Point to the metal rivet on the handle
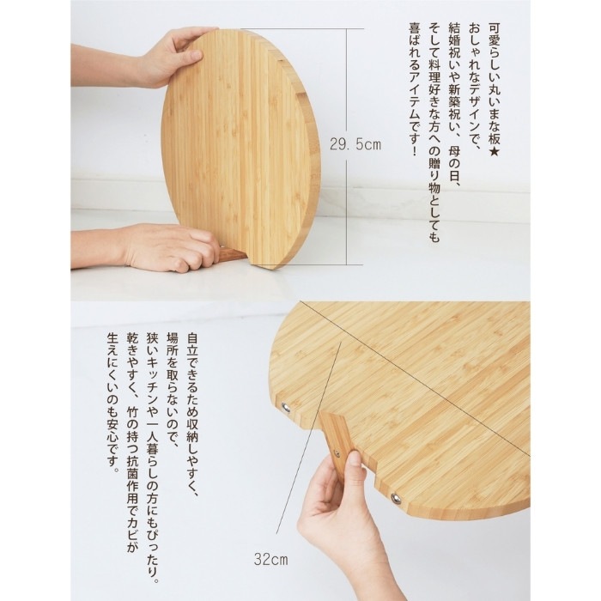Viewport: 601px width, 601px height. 336,454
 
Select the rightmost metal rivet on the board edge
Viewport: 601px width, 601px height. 396,498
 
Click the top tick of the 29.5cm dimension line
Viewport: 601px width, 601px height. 347,28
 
